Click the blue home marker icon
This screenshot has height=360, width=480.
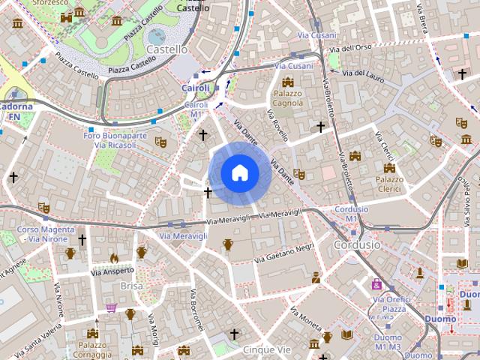240,173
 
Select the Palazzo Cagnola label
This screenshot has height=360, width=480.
287,98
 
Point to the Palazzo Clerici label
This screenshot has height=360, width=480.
389,184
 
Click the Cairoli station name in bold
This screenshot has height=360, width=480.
196,88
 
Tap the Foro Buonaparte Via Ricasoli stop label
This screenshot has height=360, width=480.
115,139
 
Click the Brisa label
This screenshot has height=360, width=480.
131,286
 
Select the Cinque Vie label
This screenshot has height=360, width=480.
267,349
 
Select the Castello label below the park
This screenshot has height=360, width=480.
167,49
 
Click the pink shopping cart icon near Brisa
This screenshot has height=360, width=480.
112,307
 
